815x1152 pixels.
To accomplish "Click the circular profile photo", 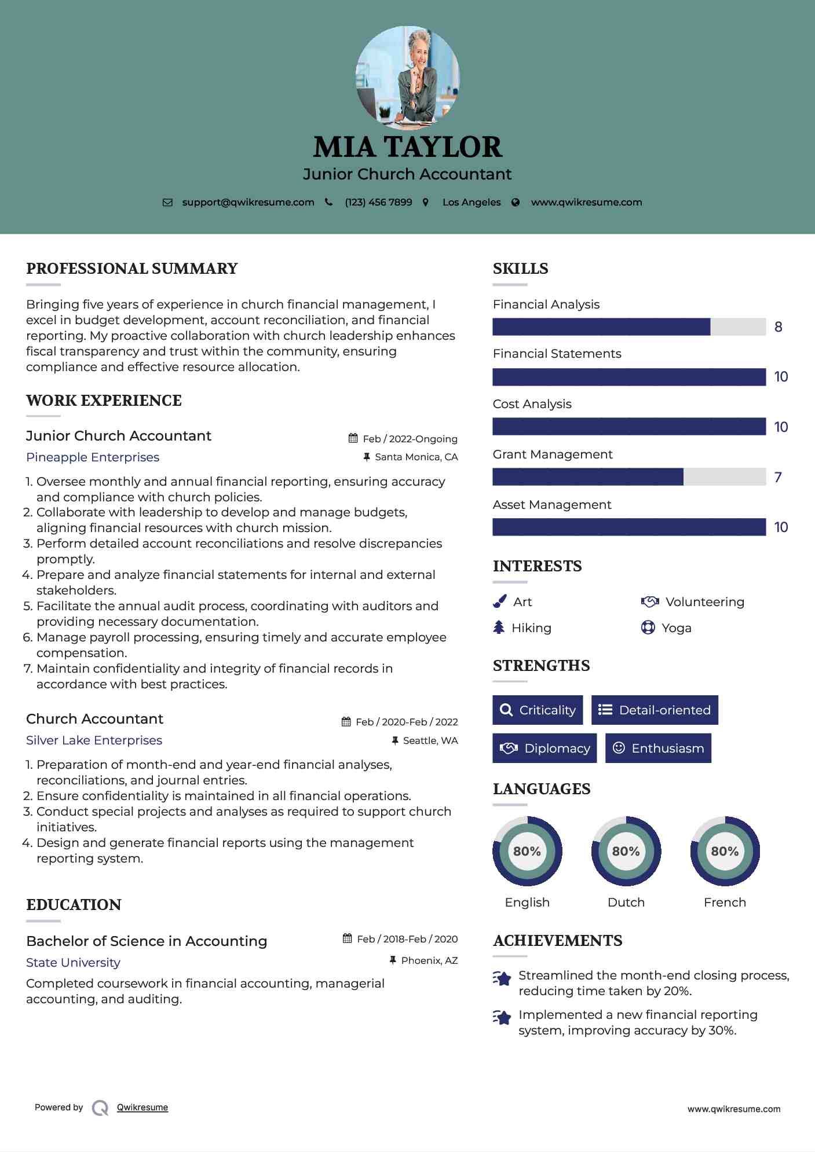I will coord(407,78).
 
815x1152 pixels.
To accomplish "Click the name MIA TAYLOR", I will coord(407,147).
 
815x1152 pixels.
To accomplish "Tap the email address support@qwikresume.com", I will coord(248,202).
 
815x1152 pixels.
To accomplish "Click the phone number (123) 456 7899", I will coord(378,202).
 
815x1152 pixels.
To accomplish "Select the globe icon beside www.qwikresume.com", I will coord(516,202).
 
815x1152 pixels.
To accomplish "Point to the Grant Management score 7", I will coord(778,478).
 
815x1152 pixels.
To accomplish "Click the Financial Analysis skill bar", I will coord(628,327).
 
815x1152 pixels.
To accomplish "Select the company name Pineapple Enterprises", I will coord(93,457).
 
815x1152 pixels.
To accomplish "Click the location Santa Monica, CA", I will coord(416,457).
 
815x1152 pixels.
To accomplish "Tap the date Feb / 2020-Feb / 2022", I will coord(406,722).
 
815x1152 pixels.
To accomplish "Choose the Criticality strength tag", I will coord(538,710).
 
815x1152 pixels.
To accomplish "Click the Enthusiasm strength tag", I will coord(658,748).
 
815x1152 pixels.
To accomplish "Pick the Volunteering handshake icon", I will coord(650,601).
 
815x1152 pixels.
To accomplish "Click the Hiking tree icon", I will coord(499,628).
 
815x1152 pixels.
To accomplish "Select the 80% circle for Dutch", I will coord(626,851).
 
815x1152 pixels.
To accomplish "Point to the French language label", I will coord(725,902).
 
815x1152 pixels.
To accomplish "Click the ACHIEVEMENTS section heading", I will coord(557,941).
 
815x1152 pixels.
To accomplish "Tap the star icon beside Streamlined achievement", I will coord(502,978).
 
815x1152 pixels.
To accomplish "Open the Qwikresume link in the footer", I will coord(142,1107).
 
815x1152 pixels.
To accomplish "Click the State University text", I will coord(73,962).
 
